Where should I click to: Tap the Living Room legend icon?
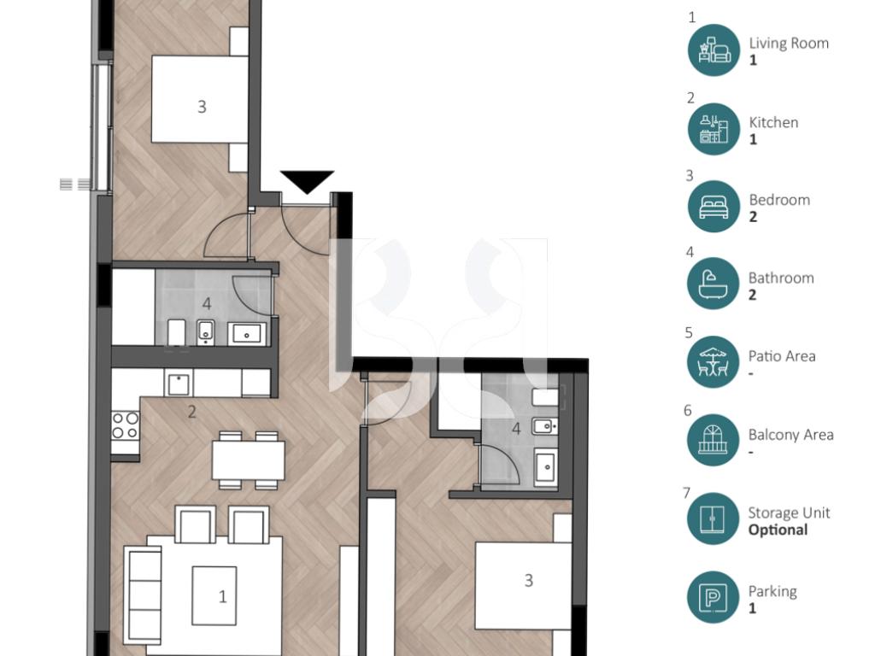[714, 50]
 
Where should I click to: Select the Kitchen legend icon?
[714, 129]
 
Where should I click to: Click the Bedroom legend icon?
[714, 207]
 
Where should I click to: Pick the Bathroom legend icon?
[714, 284]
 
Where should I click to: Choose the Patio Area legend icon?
[714, 362]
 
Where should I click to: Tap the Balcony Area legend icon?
[714, 440]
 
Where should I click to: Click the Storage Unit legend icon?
[714, 518]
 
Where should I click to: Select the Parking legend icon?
[714, 597]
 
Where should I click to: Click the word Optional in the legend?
[778, 530]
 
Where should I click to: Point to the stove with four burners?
[125, 425]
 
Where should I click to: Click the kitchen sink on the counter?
[179, 384]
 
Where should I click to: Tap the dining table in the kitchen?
[249, 460]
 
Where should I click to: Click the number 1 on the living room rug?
[223, 597]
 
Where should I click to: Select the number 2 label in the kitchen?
[192, 413]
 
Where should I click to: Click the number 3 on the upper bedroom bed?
[202, 107]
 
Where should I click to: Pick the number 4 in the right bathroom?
[516, 429]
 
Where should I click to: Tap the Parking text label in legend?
[772, 591]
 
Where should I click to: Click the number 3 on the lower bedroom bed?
[529, 581]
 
